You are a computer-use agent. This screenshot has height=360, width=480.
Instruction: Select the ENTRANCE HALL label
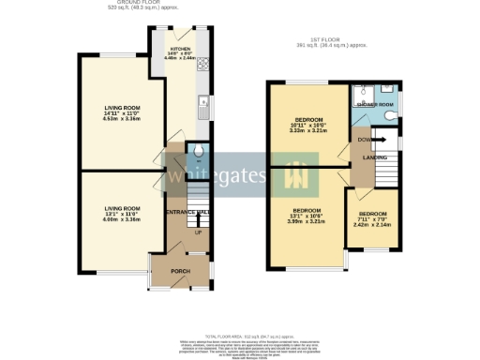[x=187, y=214]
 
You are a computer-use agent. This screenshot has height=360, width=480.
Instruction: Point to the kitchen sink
[x=202, y=109]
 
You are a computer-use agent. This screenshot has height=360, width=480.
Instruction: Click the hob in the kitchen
[x=202, y=65]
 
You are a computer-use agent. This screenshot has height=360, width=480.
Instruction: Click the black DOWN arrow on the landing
[x=379, y=140]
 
